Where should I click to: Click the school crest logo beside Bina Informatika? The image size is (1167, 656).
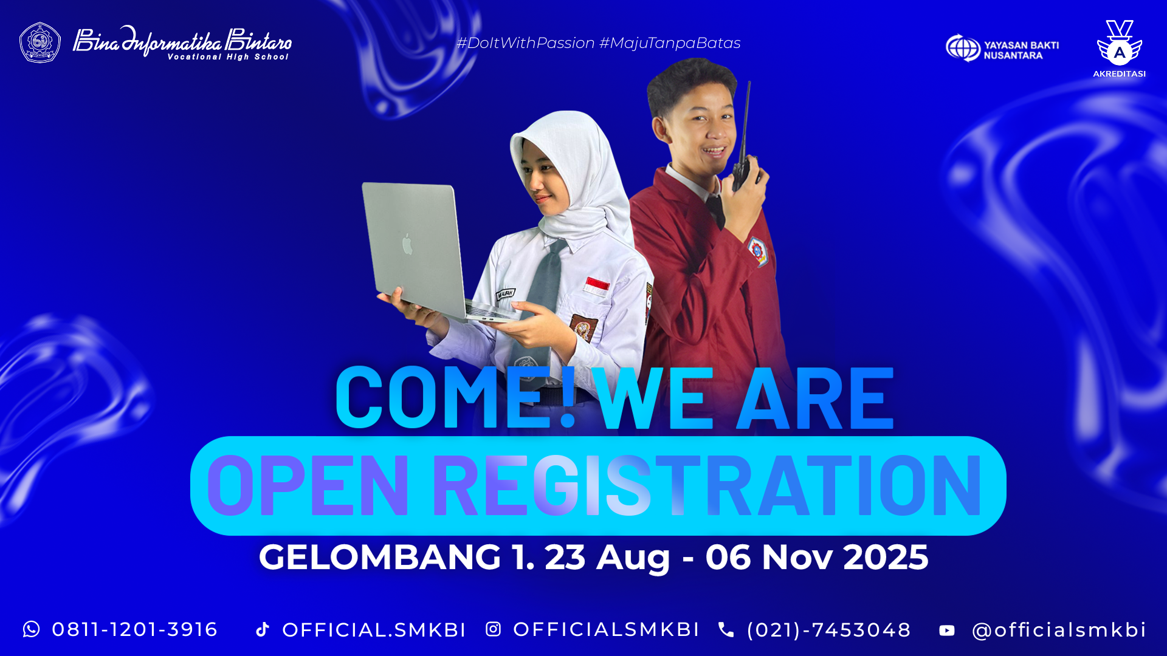click(40, 43)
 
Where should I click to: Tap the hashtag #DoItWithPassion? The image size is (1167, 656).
click(526, 43)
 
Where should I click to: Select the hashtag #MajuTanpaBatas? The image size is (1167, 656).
click(670, 43)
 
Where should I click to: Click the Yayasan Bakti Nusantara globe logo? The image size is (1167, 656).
click(963, 47)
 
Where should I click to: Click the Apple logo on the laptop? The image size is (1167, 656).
click(407, 244)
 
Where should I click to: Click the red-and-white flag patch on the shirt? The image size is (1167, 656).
click(597, 285)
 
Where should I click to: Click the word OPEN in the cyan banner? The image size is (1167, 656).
click(308, 486)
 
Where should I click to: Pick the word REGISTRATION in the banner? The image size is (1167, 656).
click(707, 486)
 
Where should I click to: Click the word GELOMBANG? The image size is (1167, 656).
click(380, 557)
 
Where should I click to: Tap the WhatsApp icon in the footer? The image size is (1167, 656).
click(31, 629)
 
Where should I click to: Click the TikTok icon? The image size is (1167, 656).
click(263, 629)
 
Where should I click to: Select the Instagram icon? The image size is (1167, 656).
click(493, 629)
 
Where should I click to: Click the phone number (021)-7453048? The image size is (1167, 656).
click(829, 630)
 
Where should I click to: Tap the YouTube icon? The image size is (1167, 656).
click(947, 630)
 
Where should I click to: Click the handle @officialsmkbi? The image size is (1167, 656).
click(1059, 630)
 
